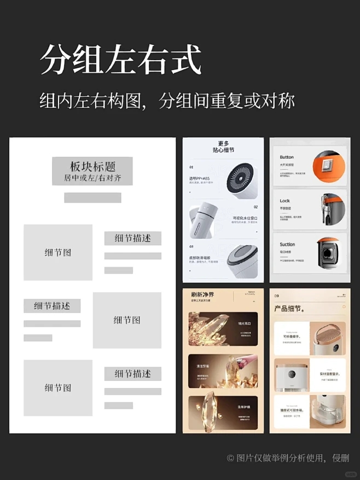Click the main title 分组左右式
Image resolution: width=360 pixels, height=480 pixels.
pyautogui.click(x=121, y=60)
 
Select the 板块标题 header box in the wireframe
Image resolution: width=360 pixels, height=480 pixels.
pyautogui.click(x=92, y=171)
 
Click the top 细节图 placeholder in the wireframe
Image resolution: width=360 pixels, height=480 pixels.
pyautogui.click(x=58, y=252)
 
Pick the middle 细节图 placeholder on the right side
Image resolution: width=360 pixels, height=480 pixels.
pyautogui.click(x=127, y=320)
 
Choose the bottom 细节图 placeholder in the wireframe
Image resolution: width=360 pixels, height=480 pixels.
pyautogui.click(x=58, y=388)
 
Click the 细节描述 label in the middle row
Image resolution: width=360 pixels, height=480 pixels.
pyautogui.click(x=52, y=306)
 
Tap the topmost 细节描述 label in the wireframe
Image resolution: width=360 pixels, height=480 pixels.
pyautogui.click(x=132, y=238)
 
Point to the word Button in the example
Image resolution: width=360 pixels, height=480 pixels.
pyautogui.click(x=287, y=157)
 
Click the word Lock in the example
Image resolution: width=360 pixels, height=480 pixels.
pyautogui.click(x=284, y=201)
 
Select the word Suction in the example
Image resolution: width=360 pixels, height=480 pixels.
pyautogui.click(x=287, y=244)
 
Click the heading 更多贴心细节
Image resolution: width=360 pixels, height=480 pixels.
pyautogui.click(x=223, y=146)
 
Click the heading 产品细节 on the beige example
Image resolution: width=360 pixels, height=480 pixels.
pyautogui.click(x=289, y=309)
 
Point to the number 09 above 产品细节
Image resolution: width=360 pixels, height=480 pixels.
pyautogui.click(x=276, y=296)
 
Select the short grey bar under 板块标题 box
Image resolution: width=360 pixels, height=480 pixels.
pyautogui.click(x=92, y=198)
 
